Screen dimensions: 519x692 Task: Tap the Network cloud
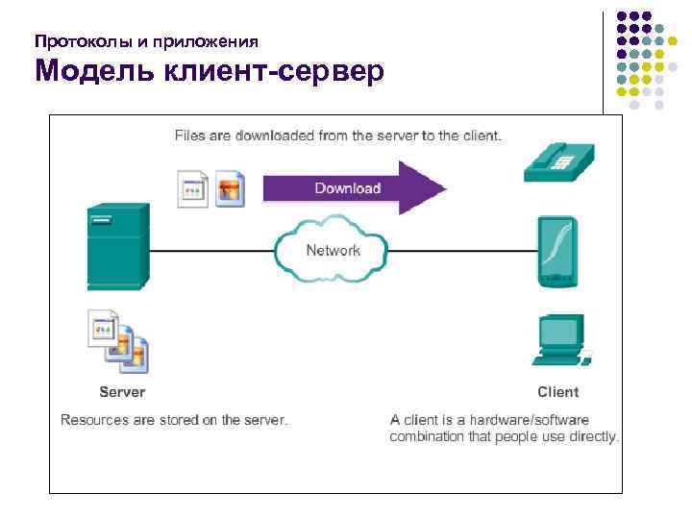click(x=333, y=251)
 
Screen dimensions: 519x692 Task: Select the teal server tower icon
click(x=117, y=245)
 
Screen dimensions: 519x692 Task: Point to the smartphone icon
click(x=558, y=252)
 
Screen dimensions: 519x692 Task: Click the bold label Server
click(x=122, y=392)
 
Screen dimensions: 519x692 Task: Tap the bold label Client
click(x=558, y=392)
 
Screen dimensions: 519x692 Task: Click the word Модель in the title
click(x=91, y=72)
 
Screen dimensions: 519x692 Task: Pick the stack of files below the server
click(x=116, y=341)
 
